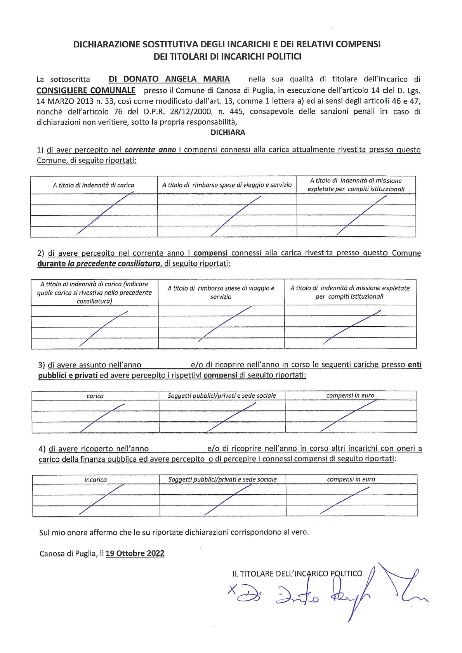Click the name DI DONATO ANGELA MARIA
point(169,79)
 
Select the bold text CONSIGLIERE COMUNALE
point(86,91)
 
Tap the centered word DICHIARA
point(228,132)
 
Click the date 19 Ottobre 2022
point(135,553)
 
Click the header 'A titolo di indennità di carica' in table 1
point(94,185)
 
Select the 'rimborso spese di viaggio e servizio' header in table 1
point(227,185)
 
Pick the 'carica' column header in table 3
point(95,396)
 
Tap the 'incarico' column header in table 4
point(96,480)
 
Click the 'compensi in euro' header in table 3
point(350,395)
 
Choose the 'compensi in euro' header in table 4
point(351,479)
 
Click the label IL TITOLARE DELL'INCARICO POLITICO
point(297,573)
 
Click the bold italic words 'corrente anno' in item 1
point(151,150)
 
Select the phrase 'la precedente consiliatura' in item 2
point(114,264)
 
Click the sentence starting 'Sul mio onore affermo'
point(174,532)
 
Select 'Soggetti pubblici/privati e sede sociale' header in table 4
point(222,480)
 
